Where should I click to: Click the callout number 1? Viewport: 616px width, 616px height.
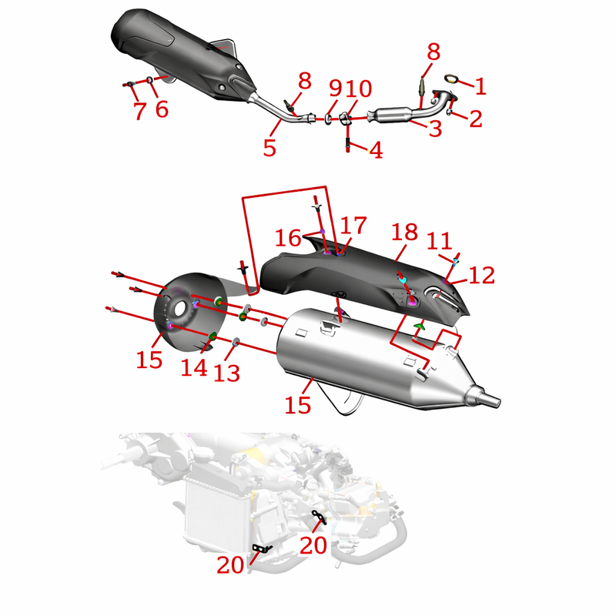[x=480, y=86]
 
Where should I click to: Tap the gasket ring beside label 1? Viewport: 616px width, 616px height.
[x=451, y=79]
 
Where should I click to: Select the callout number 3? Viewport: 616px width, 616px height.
[x=435, y=128]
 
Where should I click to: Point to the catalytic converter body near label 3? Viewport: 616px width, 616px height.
[x=392, y=115]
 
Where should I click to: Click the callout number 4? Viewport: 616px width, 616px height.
[x=377, y=149]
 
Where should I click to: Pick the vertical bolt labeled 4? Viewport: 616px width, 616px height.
[x=348, y=145]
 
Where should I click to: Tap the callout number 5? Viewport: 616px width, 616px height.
[x=269, y=148]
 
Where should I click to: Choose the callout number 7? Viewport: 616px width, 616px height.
[x=140, y=110]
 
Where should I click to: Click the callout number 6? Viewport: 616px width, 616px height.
[x=162, y=109]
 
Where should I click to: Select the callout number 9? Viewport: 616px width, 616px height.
[x=336, y=89]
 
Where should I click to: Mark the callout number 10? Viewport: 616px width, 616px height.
[x=359, y=89]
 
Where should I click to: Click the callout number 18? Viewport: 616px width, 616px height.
[x=404, y=233]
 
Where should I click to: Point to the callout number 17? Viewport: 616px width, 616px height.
[x=353, y=226]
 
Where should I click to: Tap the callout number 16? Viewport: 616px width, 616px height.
[x=288, y=238]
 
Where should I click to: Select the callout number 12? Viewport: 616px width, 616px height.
[x=482, y=275]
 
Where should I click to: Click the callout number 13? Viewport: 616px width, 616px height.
[x=226, y=373]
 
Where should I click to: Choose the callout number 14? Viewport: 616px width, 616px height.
[x=194, y=368]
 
